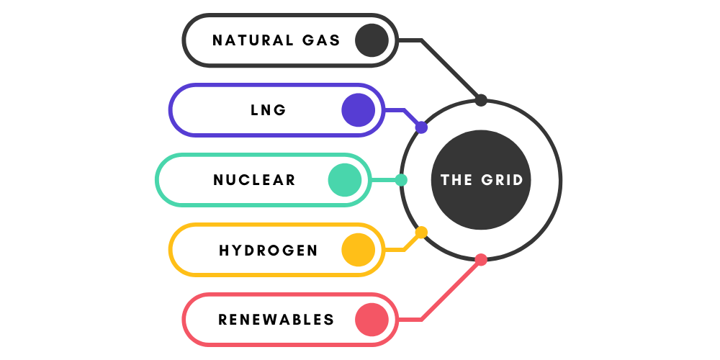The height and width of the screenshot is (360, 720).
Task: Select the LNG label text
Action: (269, 110)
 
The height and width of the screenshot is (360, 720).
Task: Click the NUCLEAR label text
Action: (255, 180)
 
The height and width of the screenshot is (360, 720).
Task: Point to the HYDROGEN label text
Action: (269, 251)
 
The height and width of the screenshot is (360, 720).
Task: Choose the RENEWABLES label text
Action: (276, 320)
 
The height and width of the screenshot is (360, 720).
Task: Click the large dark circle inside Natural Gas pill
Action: (372, 40)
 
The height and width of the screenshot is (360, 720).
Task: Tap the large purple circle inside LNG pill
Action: (359, 110)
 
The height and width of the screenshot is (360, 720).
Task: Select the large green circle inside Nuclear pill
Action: (345, 180)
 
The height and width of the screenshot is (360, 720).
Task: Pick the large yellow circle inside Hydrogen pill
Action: (359, 250)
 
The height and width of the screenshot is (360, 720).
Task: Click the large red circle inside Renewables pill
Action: (372, 320)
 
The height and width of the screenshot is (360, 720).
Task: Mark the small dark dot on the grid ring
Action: (481, 100)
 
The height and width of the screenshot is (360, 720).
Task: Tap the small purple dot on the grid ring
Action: (422, 127)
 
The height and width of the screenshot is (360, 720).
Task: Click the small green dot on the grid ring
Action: (401, 180)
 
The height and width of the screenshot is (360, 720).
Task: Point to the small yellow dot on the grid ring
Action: (422, 233)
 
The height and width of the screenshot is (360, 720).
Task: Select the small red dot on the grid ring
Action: (481, 260)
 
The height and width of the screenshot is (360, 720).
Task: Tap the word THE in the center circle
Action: (456, 180)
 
